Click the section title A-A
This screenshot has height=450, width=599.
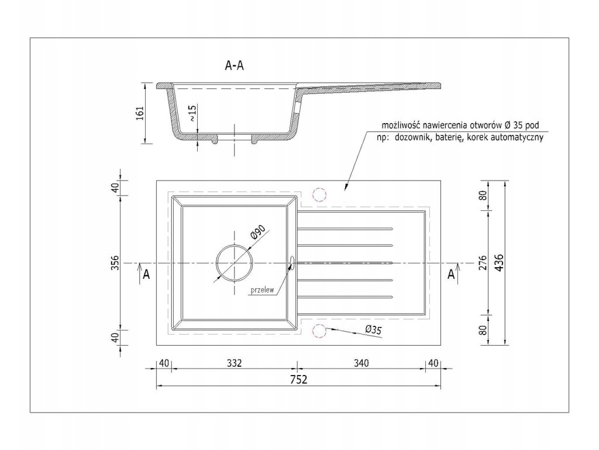click(235, 66)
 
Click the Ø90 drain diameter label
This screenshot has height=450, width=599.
click(259, 234)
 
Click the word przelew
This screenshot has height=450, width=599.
click(263, 290)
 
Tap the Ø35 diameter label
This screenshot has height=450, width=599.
click(373, 330)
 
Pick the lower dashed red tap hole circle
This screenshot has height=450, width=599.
click(320, 332)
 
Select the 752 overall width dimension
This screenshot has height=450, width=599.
click(298, 379)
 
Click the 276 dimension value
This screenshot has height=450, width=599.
click(483, 262)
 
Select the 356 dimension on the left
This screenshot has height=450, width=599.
click(115, 263)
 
